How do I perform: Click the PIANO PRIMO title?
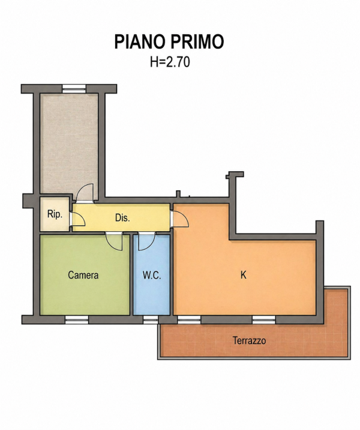tap(169, 42)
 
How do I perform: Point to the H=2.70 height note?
tap(170, 62)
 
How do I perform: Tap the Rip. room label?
tap(55, 214)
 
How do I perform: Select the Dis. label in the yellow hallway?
tap(122, 218)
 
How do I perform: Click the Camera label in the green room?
tap(83, 275)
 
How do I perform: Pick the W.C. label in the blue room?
tap(152, 275)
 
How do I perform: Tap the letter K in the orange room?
tap(243, 275)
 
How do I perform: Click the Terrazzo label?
tap(250, 341)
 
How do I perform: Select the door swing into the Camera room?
tap(114, 241)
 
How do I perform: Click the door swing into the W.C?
tap(146, 241)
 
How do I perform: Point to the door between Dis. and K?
tap(180, 219)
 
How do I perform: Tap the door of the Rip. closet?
tap(77, 219)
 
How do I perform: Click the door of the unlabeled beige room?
tap(85, 193)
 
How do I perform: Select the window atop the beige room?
tap(74, 88)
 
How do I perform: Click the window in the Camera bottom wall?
tap(77, 319)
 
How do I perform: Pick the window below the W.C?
tap(151, 319)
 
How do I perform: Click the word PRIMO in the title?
tap(197, 42)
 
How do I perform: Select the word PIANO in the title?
tap(140, 42)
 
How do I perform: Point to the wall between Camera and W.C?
tap(131, 275)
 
